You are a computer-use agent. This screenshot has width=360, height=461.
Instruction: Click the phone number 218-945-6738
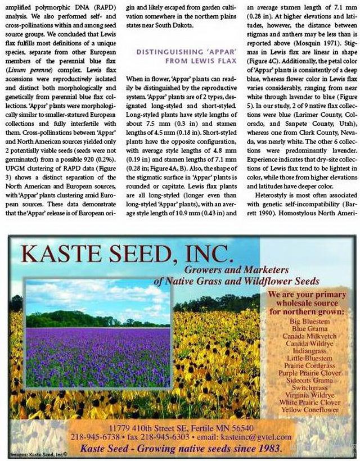(100, 437)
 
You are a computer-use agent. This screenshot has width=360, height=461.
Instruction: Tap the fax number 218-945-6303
(163, 437)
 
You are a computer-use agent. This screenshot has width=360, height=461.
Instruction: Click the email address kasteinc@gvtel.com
(256, 437)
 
